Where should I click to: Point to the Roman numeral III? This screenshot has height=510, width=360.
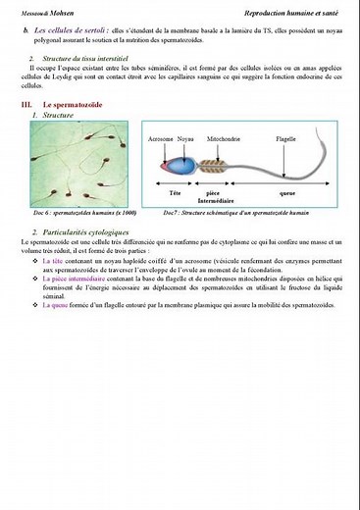[26, 103]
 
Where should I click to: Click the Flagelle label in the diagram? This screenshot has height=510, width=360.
[285, 140]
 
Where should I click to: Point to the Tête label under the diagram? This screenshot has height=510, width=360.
[176, 192]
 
